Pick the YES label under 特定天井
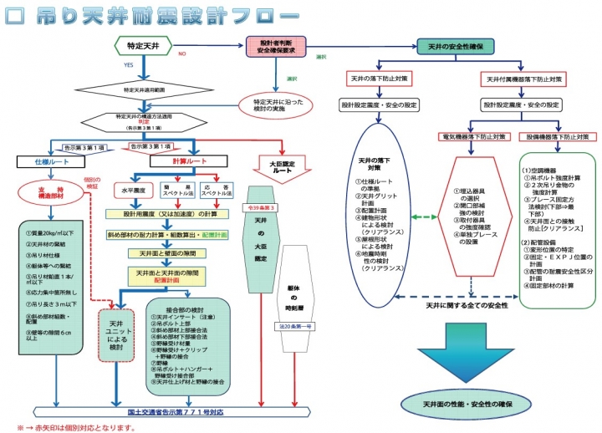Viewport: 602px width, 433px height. click(127, 64)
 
